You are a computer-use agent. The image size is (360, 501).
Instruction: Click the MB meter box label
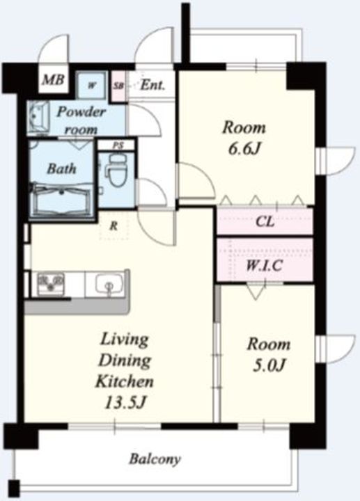click(x=54, y=79)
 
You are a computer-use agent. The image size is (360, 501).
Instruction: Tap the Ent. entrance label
click(x=152, y=85)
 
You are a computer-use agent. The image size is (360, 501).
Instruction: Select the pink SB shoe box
click(x=118, y=86)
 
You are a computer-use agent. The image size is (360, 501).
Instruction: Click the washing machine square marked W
click(x=92, y=86)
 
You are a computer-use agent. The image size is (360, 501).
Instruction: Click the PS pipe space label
click(x=118, y=145)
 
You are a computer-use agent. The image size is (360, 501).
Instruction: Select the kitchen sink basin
click(x=109, y=285)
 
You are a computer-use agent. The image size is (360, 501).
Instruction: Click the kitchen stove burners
click(x=51, y=283)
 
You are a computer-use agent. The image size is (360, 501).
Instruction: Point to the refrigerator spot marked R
click(x=114, y=227)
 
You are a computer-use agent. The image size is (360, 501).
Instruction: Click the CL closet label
click(x=265, y=222)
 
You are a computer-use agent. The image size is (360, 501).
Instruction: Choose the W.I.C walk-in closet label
click(x=264, y=265)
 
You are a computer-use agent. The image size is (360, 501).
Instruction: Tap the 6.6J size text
click(x=243, y=149)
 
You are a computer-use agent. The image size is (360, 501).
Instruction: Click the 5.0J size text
click(x=269, y=365)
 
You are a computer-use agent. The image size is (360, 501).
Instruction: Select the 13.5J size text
click(x=125, y=403)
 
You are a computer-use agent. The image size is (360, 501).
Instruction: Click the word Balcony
click(x=155, y=459)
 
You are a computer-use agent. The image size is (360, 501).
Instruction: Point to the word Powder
click(x=81, y=112)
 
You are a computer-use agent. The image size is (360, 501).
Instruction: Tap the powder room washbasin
click(x=38, y=118)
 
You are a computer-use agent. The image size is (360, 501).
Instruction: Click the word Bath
click(x=61, y=168)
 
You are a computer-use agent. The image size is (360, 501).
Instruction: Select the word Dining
click(x=125, y=360)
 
